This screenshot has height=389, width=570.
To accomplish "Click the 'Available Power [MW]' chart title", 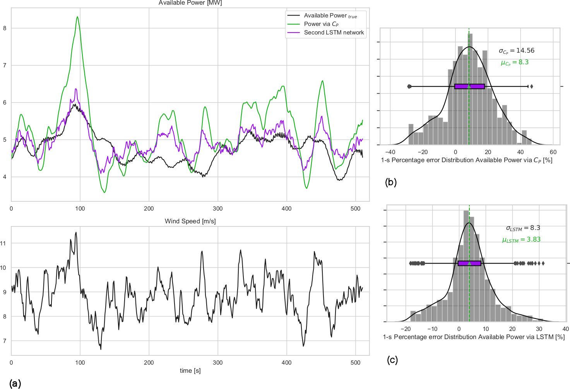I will (x=190, y=3).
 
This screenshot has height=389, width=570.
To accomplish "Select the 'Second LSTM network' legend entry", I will (x=334, y=33).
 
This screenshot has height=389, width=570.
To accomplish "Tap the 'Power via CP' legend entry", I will (x=321, y=24).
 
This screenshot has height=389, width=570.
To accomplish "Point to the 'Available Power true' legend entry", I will (x=330, y=15).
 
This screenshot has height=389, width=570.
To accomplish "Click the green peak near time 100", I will (x=77, y=17).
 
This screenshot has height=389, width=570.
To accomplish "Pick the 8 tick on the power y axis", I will (x=5, y=28).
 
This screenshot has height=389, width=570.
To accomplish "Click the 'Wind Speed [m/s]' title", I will (x=190, y=221).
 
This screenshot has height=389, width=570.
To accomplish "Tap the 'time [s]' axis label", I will (x=190, y=370).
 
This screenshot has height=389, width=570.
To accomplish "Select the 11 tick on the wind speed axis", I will (x=3, y=243).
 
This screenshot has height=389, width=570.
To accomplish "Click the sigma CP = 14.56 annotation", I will (x=516, y=51).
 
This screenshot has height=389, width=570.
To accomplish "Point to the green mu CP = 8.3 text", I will (x=515, y=62).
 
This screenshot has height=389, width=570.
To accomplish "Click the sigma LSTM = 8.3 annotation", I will (x=523, y=228).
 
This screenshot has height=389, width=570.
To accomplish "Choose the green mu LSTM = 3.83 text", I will (x=521, y=240).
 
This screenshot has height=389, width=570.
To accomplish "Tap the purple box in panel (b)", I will (x=469, y=86).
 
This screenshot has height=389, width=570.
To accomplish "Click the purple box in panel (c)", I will (x=469, y=263).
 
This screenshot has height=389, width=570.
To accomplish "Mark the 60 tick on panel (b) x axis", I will (x=553, y=152).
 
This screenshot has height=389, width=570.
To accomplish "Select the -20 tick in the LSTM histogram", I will (x=405, y=329).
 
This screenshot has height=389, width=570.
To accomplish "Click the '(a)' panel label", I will (x=15, y=383).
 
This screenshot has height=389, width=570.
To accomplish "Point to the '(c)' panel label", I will (x=392, y=360).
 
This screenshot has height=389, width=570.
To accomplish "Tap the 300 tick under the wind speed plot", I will (x=218, y=363).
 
